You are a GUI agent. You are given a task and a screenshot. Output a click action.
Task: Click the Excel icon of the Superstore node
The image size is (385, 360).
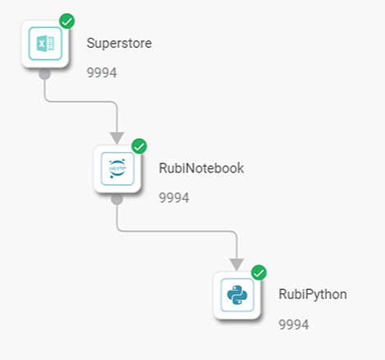[45, 44]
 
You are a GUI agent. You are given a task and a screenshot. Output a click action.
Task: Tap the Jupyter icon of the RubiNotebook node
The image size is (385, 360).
[117, 168]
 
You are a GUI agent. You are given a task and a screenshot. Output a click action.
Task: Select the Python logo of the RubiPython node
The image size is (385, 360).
[237, 295]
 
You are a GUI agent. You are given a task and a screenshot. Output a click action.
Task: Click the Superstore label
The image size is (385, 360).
[119, 44]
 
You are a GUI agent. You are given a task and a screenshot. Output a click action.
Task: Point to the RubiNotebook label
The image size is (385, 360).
[201, 168]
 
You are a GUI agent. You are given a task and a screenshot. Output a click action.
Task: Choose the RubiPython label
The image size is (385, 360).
[313, 295]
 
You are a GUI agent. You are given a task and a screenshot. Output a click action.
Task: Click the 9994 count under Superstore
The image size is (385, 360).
[102, 73]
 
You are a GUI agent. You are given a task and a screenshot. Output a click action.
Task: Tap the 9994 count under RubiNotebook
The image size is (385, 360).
[174, 198]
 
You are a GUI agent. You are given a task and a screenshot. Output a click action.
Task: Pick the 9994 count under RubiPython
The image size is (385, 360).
[294, 325]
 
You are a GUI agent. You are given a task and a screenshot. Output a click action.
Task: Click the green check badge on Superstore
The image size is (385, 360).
[67, 21]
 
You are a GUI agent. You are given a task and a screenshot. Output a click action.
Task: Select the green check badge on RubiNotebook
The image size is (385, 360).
[140, 146]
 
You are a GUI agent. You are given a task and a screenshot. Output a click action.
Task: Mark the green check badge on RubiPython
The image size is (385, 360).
[259, 273]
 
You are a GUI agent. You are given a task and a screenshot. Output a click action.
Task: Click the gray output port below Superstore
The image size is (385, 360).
[44, 75]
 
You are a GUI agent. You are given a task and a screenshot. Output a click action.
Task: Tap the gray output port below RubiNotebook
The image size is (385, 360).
[117, 200]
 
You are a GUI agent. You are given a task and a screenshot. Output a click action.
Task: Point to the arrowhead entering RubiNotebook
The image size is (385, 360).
[117, 138]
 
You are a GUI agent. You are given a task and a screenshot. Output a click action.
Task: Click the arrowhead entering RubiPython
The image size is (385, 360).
[237, 264]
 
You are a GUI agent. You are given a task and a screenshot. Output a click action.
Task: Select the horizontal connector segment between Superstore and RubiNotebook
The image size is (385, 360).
[81, 102]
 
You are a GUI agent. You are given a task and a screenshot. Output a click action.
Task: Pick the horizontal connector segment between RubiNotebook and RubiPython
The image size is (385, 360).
[177, 231]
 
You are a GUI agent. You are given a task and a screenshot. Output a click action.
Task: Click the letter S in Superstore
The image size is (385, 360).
[91, 44]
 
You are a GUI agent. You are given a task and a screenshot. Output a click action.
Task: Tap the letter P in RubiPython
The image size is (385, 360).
[309, 294]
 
